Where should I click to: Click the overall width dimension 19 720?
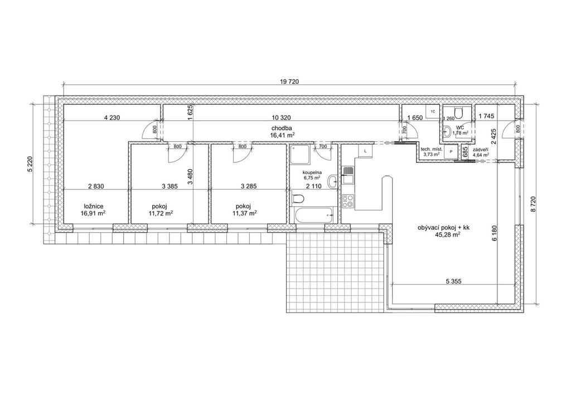click(289, 81)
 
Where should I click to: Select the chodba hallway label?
click(282, 128)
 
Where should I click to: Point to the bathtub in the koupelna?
click(313, 215)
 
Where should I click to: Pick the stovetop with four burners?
click(347, 201)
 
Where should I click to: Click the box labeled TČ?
click(433, 112)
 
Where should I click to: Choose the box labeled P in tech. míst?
click(451, 151)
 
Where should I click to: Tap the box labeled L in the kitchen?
click(365, 151)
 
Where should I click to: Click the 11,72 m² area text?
click(161, 213)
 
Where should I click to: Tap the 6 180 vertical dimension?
click(494, 233)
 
